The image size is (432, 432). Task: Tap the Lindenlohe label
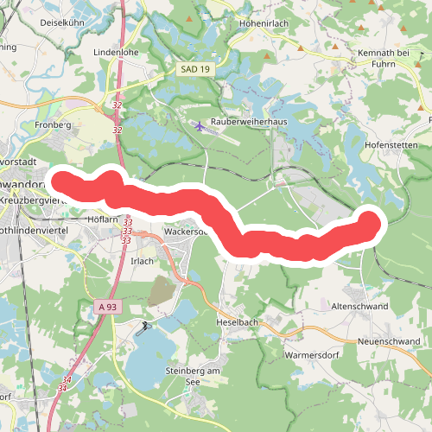(116, 52)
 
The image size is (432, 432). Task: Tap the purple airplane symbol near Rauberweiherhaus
(201, 127)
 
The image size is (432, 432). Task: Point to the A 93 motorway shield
(106, 307)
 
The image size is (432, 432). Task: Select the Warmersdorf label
(311, 354)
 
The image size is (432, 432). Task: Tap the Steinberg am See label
(193, 376)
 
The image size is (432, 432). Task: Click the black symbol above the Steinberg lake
(145, 326)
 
